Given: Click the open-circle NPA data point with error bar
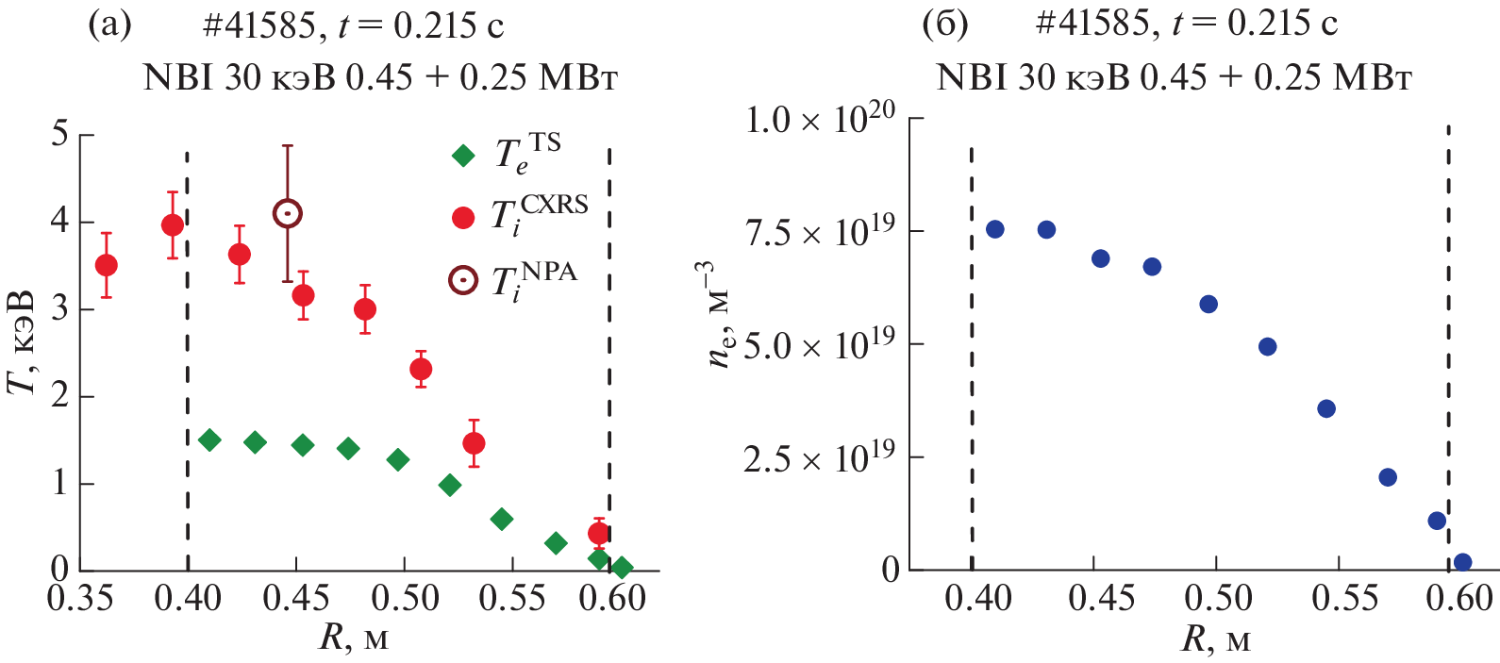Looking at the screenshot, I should [x=288, y=214].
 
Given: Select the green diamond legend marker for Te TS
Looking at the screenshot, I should [x=463, y=156].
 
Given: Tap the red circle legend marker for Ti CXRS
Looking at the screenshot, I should [x=463, y=218].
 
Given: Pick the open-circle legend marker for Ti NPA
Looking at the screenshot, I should [x=463, y=280].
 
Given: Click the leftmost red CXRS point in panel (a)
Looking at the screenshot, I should [x=107, y=265].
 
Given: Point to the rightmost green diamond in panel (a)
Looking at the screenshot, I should [x=622, y=568].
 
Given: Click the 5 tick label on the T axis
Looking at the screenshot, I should [x=59, y=134].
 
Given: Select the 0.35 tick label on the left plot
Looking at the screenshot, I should [x=81, y=599].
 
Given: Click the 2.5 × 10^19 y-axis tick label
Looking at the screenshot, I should [x=820, y=458].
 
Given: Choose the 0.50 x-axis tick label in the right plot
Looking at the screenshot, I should [x=1216, y=599].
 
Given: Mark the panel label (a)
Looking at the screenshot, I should [x=109, y=25].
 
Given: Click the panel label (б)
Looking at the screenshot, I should [x=944, y=25].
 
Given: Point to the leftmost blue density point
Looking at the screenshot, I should [x=994, y=229].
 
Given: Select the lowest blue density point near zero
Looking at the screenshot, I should [x=1462, y=562].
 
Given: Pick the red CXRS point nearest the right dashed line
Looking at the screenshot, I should [x=597, y=533].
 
